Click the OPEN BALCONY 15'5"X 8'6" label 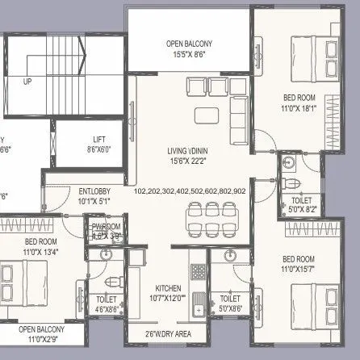pos(190,48)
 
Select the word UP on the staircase pos(27,82)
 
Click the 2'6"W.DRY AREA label pos(169,333)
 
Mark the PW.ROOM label pos(106,232)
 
